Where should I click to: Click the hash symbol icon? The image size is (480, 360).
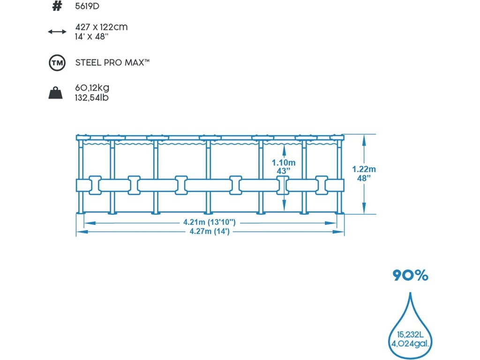(x=57, y=7)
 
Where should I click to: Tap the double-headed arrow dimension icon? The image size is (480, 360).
(x=57, y=31)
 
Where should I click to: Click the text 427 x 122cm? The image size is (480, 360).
(x=101, y=27)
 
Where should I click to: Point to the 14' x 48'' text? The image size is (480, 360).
(x=92, y=36)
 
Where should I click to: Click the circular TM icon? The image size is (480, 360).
(x=56, y=63)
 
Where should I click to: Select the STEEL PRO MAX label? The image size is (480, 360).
(x=112, y=62)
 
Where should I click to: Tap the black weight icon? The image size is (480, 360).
(x=56, y=93)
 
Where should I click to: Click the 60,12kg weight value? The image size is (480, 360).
(x=92, y=88)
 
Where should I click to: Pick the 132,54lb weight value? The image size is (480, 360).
(x=93, y=97)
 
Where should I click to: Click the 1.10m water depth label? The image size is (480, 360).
(x=284, y=163)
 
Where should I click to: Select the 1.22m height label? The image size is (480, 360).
(x=364, y=169)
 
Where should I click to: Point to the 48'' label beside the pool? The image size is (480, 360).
(x=364, y=178)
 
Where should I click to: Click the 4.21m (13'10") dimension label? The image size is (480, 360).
(x=209, y=222)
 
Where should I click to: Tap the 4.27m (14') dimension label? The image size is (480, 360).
(x=209, y=231)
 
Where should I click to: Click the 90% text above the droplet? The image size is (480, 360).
(x=411, y=276)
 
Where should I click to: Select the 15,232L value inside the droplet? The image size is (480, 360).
(x=411, y=336)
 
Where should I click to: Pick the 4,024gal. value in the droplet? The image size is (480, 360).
(x=411, y=345)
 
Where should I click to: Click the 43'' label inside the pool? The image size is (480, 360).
(x=283, y=171)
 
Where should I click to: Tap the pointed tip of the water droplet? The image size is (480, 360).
(x=411, y=294)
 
